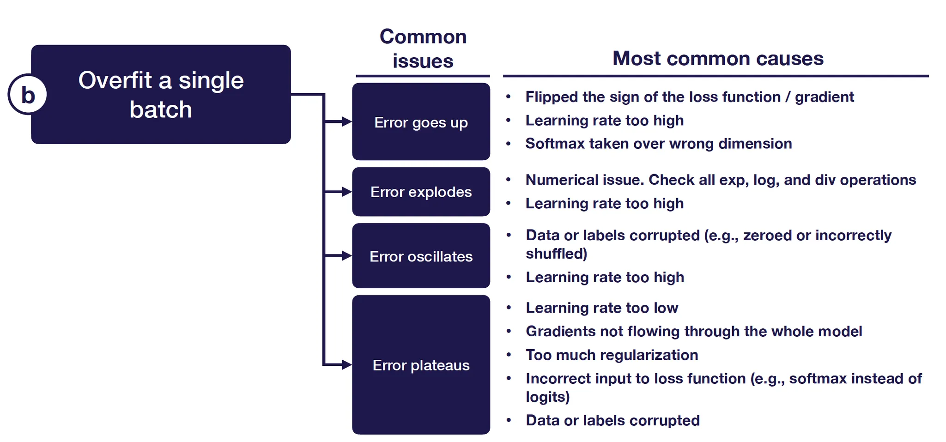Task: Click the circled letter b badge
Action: click(28, 95)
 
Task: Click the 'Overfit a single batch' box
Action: click(161, 95)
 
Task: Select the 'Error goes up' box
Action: click(421, 122)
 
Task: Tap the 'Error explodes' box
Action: click(421, 192)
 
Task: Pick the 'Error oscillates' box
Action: click(421, 256)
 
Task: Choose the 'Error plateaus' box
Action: click(421, 365)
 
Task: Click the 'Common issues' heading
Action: click(423, 48)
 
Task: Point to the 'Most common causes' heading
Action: click(718, 59)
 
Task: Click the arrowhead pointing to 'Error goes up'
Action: click(346, 122)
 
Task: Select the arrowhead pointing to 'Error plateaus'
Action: click(346, 365)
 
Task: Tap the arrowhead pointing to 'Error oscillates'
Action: click(346, 256)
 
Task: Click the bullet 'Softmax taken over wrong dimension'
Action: click(658, 144)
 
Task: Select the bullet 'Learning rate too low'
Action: click(601, 308)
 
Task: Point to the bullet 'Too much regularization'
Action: click(612, 355)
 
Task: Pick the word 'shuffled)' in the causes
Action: click(556, 254)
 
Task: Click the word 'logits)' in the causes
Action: click(547, 397)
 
